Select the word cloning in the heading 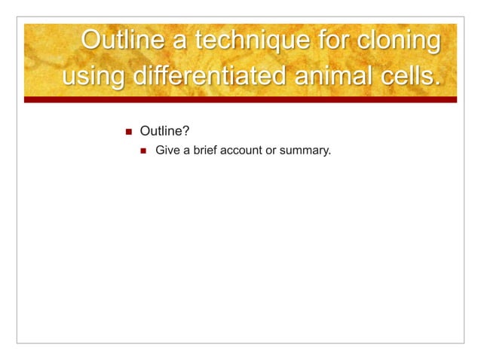coord(396,41)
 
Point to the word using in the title coord(90,78)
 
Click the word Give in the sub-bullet coord(167,151)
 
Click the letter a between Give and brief coord(185,151)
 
